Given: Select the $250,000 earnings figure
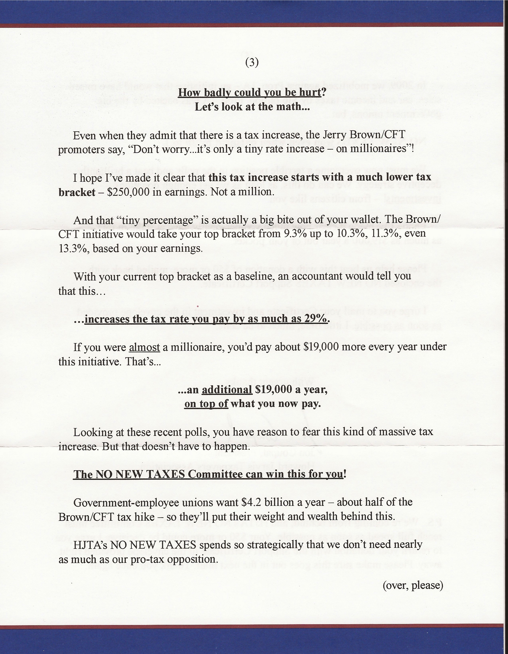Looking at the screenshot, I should (128, 192).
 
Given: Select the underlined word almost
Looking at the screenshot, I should (145, 347).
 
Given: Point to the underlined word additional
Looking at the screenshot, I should (227, 389).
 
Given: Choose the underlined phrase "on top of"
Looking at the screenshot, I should (206, 404).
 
